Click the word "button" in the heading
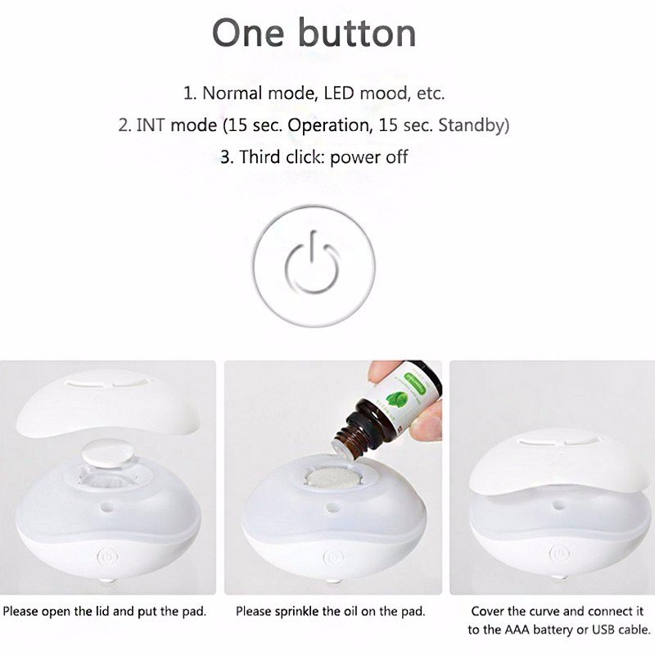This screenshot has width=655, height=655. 357,33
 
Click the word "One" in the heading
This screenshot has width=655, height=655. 248,33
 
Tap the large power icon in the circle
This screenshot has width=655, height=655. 312,264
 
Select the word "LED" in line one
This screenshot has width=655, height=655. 338,93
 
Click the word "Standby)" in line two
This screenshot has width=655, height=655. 474,125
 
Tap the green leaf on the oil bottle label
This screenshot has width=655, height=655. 396,399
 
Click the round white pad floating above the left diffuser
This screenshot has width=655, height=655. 108,453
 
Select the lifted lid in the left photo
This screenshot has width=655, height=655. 107,403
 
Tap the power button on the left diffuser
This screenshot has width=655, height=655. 108,558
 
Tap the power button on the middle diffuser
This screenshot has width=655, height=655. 333,558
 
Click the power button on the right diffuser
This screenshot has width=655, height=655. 559,554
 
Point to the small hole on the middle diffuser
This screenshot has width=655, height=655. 332,508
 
